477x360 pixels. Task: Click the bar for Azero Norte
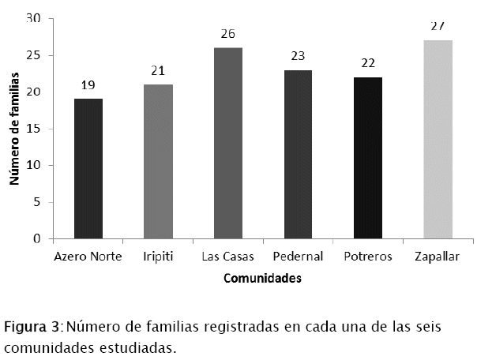(x=88, y=168)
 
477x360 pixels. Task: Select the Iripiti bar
(x=158, y=161)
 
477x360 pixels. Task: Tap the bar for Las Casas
(x=228, y=143)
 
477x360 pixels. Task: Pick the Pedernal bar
(x=298, y=154)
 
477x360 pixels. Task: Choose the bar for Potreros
(x=368, y=158)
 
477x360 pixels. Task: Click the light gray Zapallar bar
(x=438, y=139)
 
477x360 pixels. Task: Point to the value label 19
(x=88, y=84)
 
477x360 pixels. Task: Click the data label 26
(x=228, y=34)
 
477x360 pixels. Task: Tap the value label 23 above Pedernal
(x=298, y=56)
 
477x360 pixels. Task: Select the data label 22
(x=368, y=63)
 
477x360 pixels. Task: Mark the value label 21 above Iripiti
(x=158, y=70)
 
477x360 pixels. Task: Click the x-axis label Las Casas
(x=228, y=257)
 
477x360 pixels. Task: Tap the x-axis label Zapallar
(x=438, y=257)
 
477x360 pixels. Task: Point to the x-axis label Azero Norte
(x=88, y=257)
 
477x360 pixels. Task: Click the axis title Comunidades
(x=262, y=278)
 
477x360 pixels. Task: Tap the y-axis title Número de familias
(x=14, y=129)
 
